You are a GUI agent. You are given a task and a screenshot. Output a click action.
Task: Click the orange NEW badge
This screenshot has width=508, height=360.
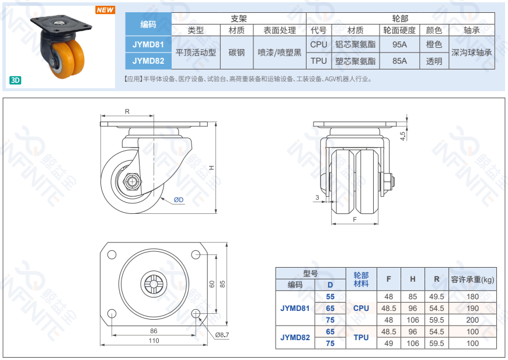(x=105, y=10)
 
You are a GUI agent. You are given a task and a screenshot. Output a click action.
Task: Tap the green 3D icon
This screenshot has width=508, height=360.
(x=15, y=80)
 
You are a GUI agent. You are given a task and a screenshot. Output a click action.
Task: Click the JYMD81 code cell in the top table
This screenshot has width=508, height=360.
(x=148, y=44)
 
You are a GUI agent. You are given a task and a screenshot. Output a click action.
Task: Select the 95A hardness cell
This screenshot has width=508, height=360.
(x=399, y=44)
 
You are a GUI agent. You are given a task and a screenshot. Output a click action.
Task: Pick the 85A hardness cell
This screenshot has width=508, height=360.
(x=399, y=61)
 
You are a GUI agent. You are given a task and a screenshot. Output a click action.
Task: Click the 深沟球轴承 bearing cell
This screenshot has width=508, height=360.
(x=472, y=53)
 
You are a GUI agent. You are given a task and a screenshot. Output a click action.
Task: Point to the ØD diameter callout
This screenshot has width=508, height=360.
(x=179, y=200)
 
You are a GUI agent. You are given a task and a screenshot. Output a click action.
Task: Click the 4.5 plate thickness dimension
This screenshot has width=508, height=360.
(x=403, y=136)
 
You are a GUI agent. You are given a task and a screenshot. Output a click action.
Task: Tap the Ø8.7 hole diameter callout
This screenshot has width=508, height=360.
(x=222, y=335)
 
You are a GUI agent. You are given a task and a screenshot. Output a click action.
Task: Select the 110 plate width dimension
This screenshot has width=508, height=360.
(x=154, y=341)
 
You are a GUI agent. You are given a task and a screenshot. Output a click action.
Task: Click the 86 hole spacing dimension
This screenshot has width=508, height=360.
(x=154, y=331)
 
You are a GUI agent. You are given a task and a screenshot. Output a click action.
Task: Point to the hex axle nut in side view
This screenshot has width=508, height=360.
(x=132, y=182)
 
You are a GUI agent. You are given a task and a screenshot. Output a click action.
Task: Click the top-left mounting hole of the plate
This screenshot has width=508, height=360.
(x=112, y=255)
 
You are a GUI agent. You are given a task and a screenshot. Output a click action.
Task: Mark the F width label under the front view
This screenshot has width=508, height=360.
(x=355, y=220)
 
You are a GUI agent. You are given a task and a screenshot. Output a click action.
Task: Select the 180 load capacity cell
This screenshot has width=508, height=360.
(x=472, y=296)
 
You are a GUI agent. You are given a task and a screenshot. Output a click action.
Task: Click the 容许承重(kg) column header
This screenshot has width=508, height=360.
(x=472, y=279)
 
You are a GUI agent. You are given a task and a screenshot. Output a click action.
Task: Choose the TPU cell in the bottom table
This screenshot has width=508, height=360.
(x=361, y=337)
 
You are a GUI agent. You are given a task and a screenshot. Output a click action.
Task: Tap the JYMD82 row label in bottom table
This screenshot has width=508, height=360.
(x=295, y=337)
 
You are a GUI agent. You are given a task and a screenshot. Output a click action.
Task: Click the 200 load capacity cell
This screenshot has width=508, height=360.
(x=472, y=320)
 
